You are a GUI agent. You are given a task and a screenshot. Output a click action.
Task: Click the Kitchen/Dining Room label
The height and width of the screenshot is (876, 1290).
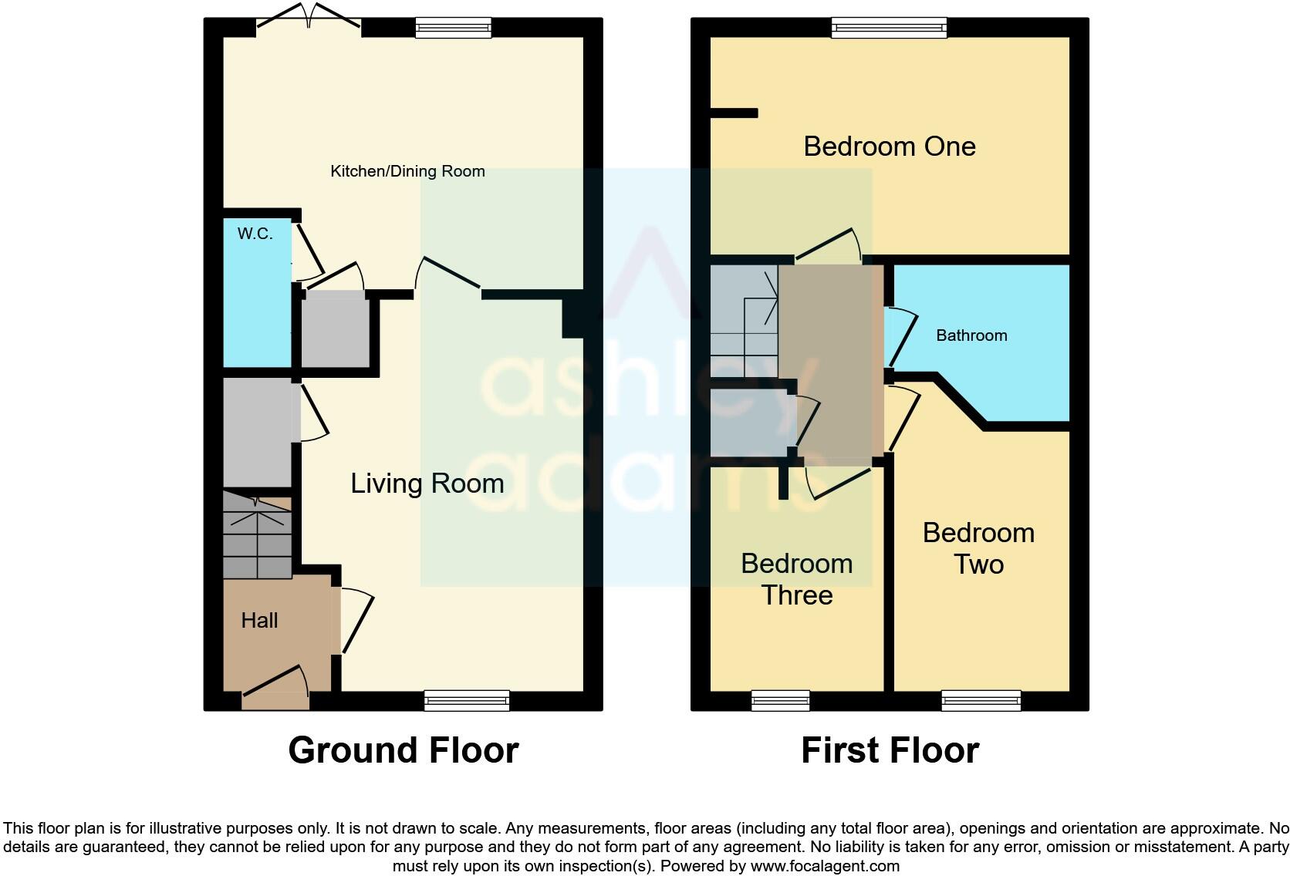pos(407,171)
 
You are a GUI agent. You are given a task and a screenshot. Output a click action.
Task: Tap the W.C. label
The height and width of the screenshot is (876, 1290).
pos(255,234)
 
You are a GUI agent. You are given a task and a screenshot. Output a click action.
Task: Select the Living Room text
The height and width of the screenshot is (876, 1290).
pos(427,483)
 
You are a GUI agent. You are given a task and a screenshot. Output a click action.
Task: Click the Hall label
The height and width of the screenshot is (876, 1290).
pos(259,620)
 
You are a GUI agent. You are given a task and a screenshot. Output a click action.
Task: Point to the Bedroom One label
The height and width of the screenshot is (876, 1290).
pos(890,147)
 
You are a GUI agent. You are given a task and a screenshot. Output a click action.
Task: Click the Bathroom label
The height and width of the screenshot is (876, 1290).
pos(971,335)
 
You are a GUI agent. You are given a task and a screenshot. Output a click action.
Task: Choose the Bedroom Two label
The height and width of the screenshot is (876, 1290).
pos(978,548)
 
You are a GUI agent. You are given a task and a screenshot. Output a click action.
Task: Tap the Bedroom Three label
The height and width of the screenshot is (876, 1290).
pos(796,579)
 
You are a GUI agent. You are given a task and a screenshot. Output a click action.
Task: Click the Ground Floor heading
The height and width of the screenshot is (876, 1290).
pos(403,750)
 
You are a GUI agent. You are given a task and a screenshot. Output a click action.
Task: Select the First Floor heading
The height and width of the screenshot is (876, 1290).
pos(890,750)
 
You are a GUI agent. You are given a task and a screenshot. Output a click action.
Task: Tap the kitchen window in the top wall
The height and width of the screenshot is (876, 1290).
pos(453,29)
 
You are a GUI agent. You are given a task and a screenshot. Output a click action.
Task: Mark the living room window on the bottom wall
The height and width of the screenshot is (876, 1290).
pos(467,700)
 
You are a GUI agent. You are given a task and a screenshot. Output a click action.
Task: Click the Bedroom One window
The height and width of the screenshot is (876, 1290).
pos(889,29)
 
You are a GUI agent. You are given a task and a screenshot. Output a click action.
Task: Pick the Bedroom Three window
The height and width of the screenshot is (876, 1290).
pos(780,700)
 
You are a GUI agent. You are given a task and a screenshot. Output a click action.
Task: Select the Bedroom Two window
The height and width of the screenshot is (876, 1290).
pos(981,700)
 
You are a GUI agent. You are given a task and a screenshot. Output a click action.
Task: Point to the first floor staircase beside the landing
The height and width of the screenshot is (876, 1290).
pos(744,322)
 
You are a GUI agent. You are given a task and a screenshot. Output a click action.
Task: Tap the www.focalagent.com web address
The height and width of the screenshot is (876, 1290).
pos(825,866)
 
